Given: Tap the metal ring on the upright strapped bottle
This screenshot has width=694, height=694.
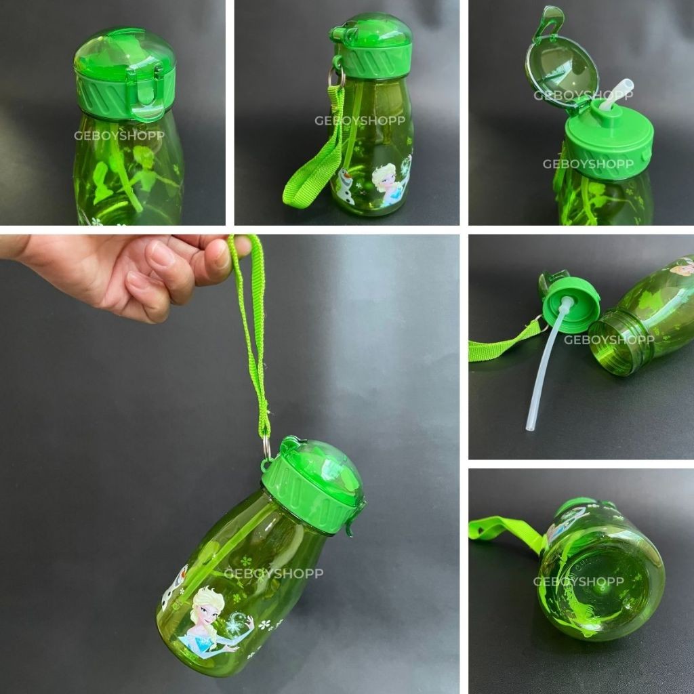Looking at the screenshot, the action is coord(336,77).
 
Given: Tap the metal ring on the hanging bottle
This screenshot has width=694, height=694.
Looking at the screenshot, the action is coord(267,447).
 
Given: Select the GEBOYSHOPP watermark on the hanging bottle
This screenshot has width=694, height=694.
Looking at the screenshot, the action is coord(274,573).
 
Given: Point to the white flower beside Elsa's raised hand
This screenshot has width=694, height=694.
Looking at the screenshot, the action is coord(265,624).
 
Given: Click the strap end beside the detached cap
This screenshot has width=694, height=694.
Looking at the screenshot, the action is coord(504,343).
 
